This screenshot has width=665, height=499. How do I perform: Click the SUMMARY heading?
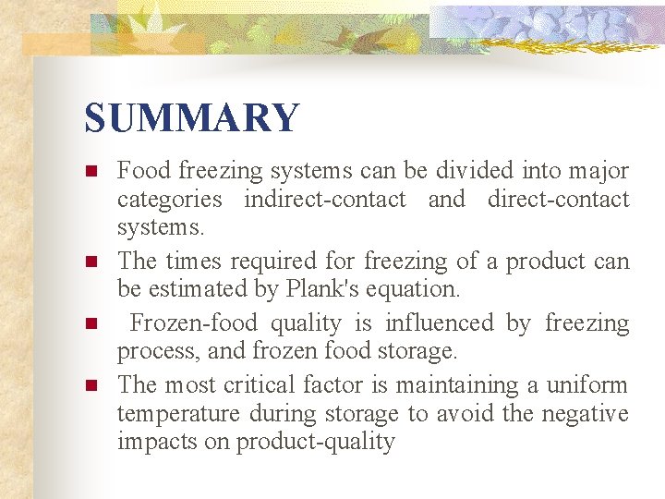click(x=192, y=118)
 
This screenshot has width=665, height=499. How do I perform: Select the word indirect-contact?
click(x=325, y=199)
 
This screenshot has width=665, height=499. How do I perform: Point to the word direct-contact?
click(x=558, y=199)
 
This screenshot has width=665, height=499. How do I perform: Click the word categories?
click(x=169, y=199)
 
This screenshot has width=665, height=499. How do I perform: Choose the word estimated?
click(x=192, y=289)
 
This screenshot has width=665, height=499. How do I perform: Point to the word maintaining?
click(x=439, y=384)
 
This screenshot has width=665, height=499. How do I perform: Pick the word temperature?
click(x=172, y=413)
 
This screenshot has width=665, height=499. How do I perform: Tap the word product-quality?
click(x=315, y=442)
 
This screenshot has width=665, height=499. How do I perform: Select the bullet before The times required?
click(x=91, y=262)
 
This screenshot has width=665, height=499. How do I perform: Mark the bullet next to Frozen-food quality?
click(x=91, y=324)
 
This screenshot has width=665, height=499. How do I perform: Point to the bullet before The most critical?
click(x=91, y=384)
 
